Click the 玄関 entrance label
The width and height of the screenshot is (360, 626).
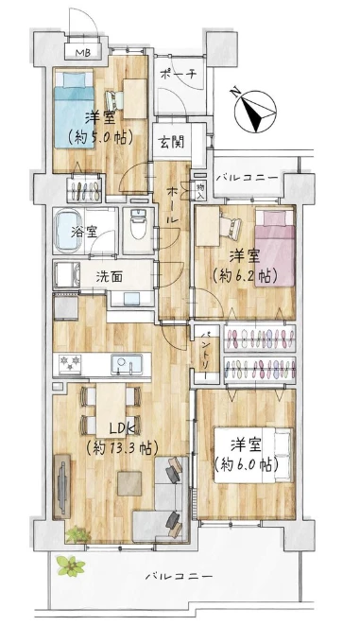coord(171,143)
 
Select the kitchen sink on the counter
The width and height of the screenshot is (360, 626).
coord(126,362)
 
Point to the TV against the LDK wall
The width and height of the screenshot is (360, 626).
coord(61,482)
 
